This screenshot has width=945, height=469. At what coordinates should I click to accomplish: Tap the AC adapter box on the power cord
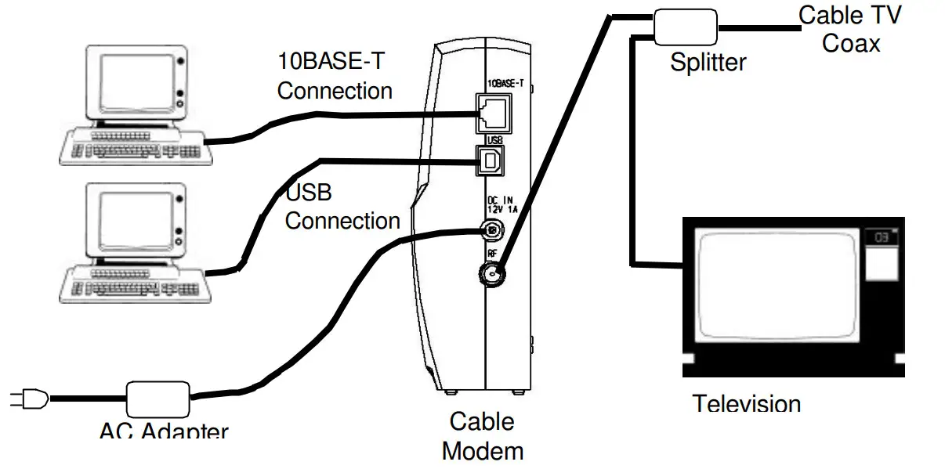157,399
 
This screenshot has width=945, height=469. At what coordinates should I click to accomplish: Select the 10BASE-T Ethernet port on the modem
492,113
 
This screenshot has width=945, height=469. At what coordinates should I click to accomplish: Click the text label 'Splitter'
708,63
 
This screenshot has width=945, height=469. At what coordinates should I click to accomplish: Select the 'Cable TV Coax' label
850,28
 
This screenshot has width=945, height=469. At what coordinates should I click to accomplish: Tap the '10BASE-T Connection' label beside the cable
335,75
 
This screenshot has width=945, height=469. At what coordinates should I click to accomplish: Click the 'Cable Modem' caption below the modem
483,436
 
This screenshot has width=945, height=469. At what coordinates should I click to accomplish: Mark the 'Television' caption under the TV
747,404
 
